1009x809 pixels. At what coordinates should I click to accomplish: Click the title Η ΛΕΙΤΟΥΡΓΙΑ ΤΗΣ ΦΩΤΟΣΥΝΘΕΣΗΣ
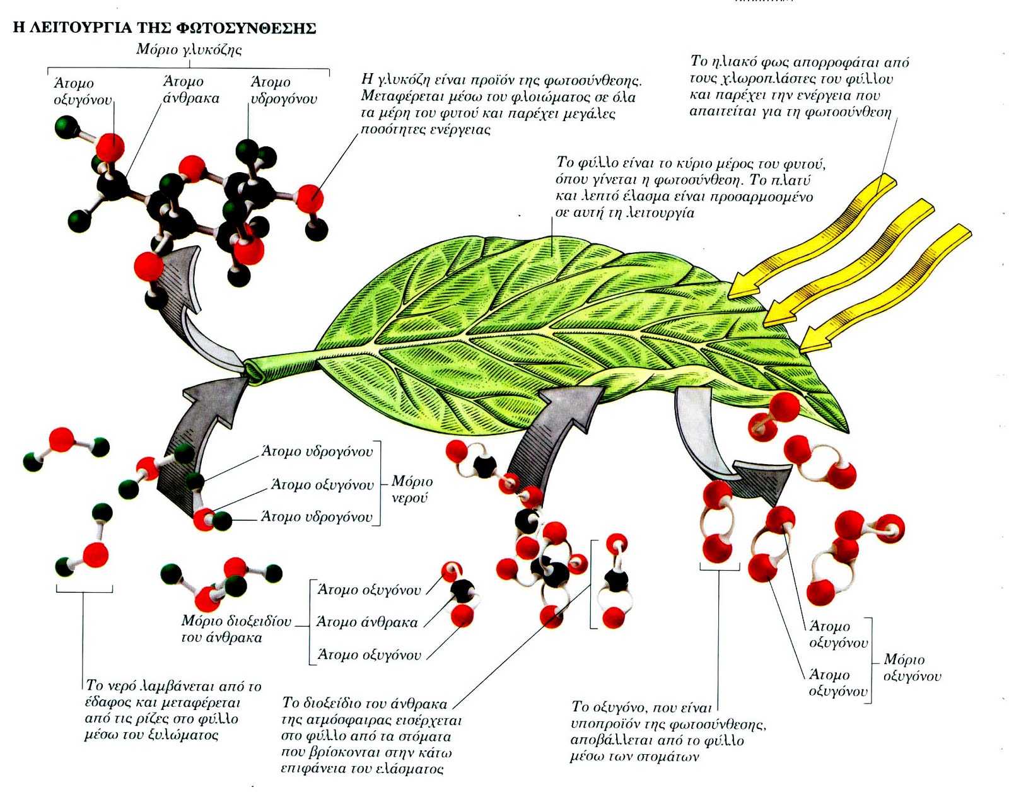[165, 28]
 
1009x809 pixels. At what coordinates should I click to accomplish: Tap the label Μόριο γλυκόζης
[189, 50]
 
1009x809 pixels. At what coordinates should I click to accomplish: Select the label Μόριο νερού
[412, 489]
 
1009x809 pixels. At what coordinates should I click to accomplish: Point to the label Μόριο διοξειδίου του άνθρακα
[236, 629]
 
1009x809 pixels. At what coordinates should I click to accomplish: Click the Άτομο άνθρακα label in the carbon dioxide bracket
[366, 622]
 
